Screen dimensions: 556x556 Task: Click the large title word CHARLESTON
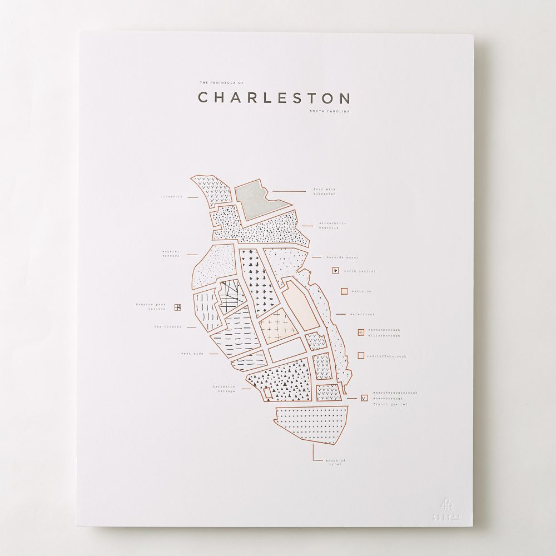click(274, 98)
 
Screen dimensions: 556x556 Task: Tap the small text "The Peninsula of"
click(221, 83)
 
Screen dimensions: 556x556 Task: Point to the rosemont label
click(173, 196)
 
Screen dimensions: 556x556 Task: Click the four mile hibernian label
click(324, 192)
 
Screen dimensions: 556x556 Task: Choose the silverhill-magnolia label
click(332, 225)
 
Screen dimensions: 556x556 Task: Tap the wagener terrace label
click(171, 254)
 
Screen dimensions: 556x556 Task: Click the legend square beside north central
click(335, 271)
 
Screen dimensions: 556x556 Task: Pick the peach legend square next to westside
click(344, 291)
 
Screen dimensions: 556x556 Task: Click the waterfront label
click(361, 315)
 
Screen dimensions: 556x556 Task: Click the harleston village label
click(224, 389)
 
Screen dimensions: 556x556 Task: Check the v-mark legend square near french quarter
click(364, 398)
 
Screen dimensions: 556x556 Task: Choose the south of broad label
click(335, 461)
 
